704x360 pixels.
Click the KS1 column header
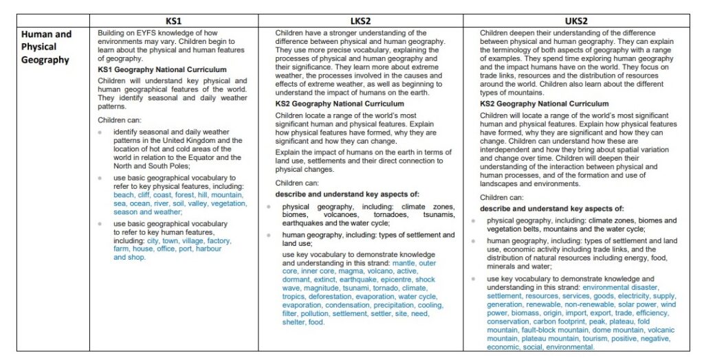coord(174,21)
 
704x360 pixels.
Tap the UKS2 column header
coord(577,21)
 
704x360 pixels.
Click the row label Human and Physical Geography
coord(46,47)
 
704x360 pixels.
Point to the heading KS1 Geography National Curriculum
coord(162,69)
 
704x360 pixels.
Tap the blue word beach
coord(124,195)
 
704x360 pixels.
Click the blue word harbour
coord(208,249)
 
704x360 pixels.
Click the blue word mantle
coord(403,263)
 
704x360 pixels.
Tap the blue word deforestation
coord(329,297)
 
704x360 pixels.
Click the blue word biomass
coord(526,313)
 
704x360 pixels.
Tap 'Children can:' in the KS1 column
coord(121,119)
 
